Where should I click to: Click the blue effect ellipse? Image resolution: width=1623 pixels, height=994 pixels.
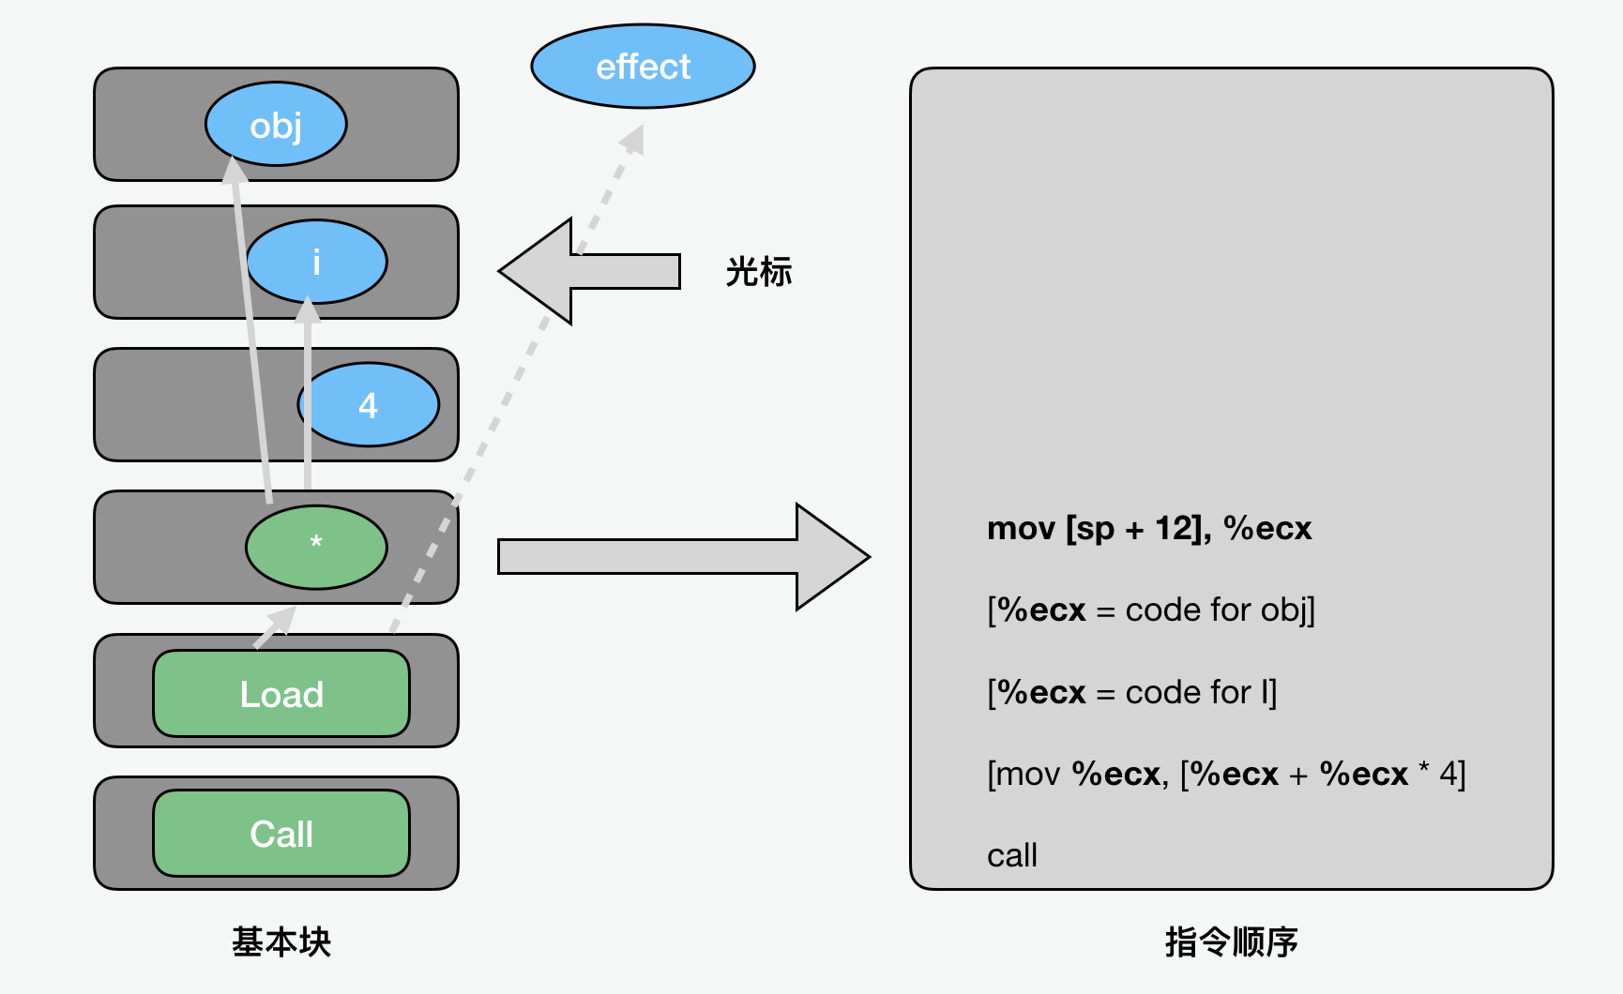[643, 67]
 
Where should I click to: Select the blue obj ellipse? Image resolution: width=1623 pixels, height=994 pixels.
[276, 124]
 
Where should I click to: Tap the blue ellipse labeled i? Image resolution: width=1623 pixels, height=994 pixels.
[316, 262]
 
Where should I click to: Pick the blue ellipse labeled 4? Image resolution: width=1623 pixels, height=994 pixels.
[369, 404]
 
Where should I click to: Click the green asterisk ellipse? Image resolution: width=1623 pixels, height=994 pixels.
[316, 547]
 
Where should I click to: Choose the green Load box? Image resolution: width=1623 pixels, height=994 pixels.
[281, 694]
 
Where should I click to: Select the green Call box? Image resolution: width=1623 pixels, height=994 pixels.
[281, 834]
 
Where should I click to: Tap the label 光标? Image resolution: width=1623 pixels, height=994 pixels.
[759, 272]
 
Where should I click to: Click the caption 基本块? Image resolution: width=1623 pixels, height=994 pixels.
[281, 941]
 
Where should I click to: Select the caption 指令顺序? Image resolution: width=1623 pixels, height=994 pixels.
[1231, 941]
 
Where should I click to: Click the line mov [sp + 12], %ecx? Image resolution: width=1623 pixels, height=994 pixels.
[1149, 529]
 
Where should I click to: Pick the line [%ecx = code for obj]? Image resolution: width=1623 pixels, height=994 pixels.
[1151, 610]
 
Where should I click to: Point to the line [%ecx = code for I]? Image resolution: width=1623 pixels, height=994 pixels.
[1131, 693]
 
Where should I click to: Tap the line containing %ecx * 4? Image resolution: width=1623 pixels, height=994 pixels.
[1226, 775]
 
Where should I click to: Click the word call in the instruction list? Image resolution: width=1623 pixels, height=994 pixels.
[1012, 855]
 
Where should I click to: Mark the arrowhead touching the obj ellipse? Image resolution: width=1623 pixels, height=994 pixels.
[235, 169]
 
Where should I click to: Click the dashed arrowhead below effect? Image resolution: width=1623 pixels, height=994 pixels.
[635, 138]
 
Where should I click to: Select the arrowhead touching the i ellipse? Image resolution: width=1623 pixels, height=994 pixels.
[308, 309]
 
